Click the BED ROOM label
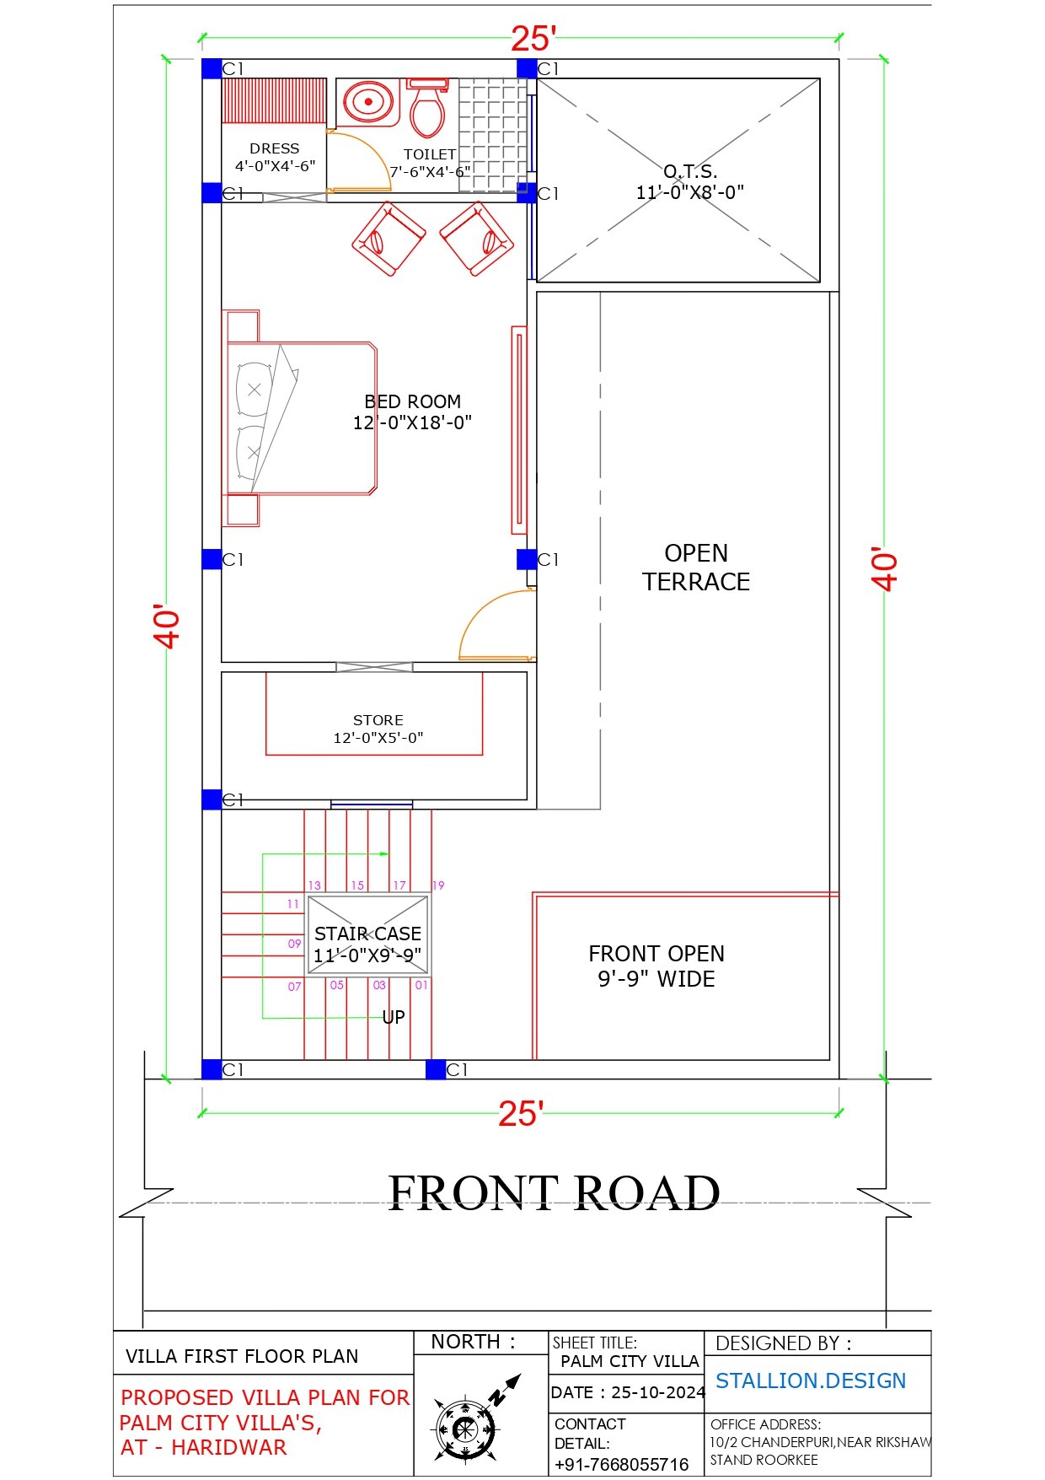click(x=412, y=412)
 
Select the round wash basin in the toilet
click(x=368, y=102)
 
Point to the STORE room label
click(x=378, y=729)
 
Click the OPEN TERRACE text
click(x=696, y=568)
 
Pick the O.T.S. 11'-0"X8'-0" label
click(x=690, y=182)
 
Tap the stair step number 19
click(x=438, y=885)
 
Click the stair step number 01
click(x=421, y=985)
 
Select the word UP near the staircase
click(x=394, y=1017)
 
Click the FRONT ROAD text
click(x=554, y=1192)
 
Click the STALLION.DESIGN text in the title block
click(x=811, y=1381)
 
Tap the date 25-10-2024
click(x=658, y=1392)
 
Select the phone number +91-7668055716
click(x=622, y=1465)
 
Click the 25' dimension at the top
click(x=533, y=39)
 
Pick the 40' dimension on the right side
click(x=885, y=569)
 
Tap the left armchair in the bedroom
click(x=389, y=239)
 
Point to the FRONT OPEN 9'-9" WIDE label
click(x=656, y=966)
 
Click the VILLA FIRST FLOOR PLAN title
click(x=242, y=1356)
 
